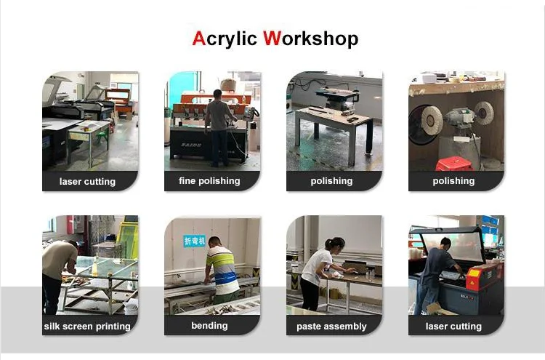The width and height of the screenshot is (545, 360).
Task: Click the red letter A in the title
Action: (x=199, y=39)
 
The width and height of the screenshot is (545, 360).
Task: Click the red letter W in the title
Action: (x=272, y=39)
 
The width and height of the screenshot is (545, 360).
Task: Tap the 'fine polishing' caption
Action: (x=209, y=181)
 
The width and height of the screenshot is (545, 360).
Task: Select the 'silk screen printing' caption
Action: (x=87, y=327)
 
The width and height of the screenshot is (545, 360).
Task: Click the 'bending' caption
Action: (x=209, y=326)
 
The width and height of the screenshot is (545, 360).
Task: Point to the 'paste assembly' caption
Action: (x=331, y=327)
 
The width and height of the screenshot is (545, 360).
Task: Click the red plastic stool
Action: (x=454, y=164)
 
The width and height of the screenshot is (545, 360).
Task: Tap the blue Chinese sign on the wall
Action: (x=195, y=241)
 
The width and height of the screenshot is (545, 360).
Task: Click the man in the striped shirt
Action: (x=222, y=270)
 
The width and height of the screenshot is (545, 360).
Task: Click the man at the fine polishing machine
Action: (x=218, y=128)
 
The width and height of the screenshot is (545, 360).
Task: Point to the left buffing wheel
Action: (x=432, y=120)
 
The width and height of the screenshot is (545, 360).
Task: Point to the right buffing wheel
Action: (x=484, y=113)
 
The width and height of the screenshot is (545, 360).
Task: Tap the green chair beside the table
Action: (x=102, y=135)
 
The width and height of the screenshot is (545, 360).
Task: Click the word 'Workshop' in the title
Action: (x=310, y=39)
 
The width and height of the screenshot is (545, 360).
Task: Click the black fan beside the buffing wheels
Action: (x=419, y=124)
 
